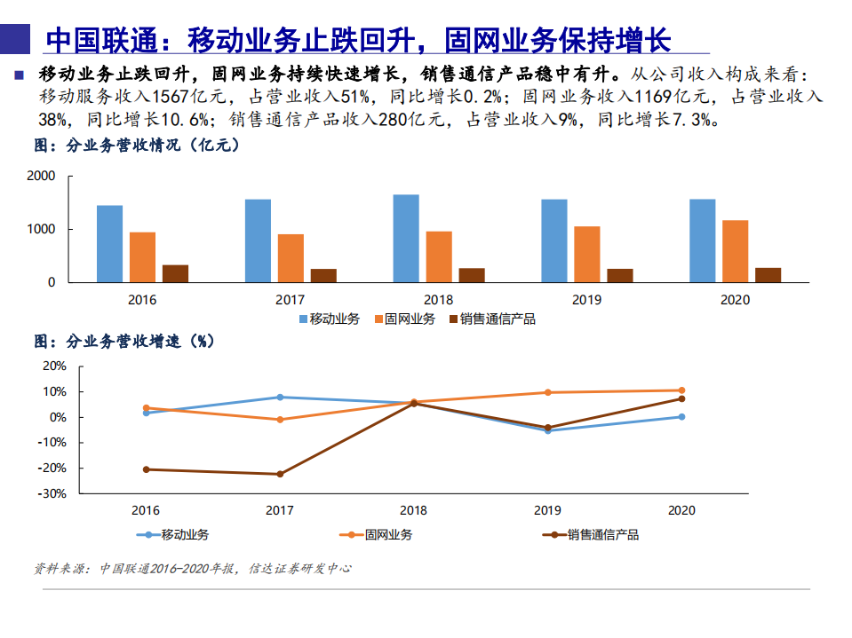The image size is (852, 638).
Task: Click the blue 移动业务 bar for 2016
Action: pos(109,244)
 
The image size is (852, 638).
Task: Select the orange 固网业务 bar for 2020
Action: pos(735,251)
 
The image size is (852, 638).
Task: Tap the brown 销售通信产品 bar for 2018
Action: pos(472,275)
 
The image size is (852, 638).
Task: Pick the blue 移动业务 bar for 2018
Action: pos(406,238)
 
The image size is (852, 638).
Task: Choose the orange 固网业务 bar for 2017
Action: pos(291,258)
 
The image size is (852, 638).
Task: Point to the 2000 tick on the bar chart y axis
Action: pos(42,177)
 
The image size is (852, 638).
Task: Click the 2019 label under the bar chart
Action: pos(586,300)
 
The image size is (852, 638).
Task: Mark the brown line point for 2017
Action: pos(280,474)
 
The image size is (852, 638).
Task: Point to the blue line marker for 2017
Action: pos(280,397)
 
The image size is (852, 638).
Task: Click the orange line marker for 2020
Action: pos(681,390)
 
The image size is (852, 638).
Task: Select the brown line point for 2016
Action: pos(146,469)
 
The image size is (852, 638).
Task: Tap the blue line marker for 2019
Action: pos(547,430)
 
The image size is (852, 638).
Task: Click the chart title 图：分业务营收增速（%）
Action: pos(124,341)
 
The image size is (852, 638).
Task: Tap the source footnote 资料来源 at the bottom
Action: pos(192,568)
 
